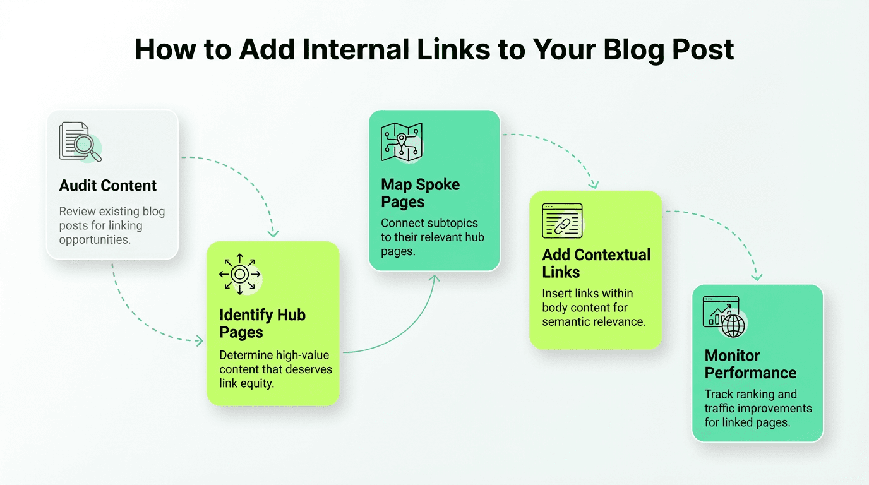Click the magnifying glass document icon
coord(80,141)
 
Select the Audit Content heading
coord(108,186)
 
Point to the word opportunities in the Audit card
coord(95,240)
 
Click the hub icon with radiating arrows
coord(239,274)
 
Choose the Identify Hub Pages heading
coord(262,323)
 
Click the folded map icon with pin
coord(401,141)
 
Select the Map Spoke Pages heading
coord(421,193)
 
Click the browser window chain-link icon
coord(562,221)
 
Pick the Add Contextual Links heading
coord(596,263)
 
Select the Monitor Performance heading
coord(750,364)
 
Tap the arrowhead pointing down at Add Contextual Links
coord(594,184)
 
